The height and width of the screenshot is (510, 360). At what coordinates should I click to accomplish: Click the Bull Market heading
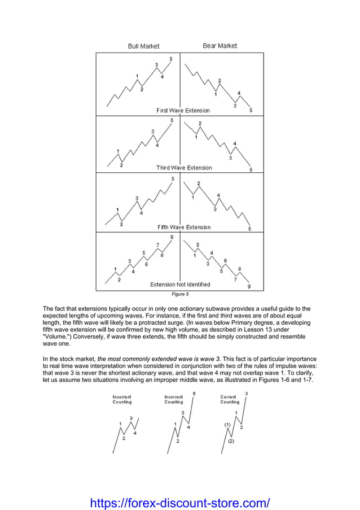pos(143,46)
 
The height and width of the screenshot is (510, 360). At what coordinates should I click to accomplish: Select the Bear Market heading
pos(220,46)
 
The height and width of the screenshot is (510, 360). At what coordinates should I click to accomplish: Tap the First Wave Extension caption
pos(183,111)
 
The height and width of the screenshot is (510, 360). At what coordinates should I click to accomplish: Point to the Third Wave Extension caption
pos(184,168)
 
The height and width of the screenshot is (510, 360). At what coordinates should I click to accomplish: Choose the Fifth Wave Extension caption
pos(184,227)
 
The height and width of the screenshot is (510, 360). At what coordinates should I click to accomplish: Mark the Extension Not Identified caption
pos(180,285)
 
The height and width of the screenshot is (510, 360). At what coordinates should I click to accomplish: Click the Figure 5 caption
pos(180,294)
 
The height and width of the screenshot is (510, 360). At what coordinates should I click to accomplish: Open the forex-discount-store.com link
pos(180,502)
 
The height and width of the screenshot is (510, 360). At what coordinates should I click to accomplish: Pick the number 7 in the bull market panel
pos(157,245)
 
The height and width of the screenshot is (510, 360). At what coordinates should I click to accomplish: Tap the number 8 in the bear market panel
pos(240,269)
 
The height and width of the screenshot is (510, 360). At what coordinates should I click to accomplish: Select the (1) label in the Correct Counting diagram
pos(227,425)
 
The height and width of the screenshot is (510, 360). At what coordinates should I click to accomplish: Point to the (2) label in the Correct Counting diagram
pos(231,441)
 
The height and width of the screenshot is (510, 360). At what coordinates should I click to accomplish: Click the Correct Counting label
pos(230,399)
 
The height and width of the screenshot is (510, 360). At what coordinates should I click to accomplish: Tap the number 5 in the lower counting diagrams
pos(194,394)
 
